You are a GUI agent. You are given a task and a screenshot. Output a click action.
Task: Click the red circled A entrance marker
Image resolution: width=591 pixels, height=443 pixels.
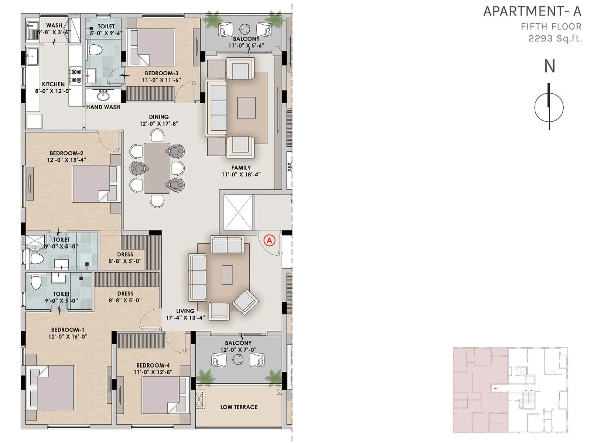270,241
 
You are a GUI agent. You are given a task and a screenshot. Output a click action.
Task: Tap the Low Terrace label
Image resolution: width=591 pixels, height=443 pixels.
239,407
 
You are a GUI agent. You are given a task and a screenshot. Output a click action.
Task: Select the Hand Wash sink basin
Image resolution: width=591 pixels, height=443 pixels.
103,96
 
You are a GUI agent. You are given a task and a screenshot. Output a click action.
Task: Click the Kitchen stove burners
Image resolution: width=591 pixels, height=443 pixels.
76,75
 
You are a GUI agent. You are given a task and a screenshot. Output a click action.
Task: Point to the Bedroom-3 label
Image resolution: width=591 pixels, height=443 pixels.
161,73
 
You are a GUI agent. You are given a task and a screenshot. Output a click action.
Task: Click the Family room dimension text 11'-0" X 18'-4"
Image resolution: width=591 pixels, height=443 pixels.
241,174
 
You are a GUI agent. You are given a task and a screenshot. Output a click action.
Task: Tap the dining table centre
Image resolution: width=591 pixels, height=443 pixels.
157,168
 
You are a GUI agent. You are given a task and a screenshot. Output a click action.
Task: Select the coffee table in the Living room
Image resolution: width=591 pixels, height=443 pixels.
227,275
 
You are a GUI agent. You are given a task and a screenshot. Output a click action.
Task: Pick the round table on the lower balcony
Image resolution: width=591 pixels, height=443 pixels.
238,359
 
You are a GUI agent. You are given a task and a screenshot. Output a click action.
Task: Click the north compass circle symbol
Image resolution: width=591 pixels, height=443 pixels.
549,107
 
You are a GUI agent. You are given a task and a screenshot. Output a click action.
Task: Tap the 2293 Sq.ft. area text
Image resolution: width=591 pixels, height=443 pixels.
555,38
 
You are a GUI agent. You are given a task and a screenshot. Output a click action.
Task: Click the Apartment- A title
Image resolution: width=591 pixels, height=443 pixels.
532,11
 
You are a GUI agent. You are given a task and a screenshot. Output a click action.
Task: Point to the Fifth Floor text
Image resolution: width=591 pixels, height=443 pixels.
551,27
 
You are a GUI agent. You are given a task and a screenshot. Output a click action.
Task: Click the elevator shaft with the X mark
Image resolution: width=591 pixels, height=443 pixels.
238,213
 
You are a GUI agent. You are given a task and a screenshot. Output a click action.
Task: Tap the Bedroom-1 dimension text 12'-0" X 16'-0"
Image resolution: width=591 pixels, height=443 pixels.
68,337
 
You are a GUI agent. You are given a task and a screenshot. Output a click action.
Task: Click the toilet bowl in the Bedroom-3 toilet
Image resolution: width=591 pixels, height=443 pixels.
96,49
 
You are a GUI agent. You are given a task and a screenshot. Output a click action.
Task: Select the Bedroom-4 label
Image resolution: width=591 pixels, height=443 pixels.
153,365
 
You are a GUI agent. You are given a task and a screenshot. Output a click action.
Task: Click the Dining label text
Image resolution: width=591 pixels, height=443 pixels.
159,117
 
